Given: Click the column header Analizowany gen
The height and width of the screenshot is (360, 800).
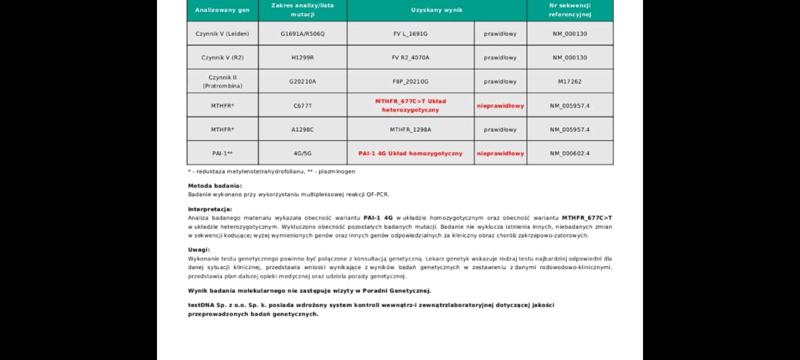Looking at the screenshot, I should pos(222,10).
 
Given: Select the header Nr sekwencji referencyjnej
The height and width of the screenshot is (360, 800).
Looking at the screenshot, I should pos(570,10).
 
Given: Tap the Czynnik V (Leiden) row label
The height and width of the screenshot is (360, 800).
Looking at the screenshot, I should pos(222,34).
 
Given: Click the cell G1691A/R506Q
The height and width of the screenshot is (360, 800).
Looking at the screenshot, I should pos(302,34).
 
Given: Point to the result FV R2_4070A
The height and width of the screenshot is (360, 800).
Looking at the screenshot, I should pos(410,58).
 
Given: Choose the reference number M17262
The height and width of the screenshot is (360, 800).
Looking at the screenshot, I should pos(570,81).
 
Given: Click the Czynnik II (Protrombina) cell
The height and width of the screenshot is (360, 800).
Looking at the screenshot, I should pos(222,81).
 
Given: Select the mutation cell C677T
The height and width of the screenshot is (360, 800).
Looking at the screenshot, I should pos(302,106).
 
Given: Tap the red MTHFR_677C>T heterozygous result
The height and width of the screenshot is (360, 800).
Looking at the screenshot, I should pos(410,105).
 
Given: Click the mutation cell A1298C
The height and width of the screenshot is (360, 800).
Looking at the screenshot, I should pos(302,129).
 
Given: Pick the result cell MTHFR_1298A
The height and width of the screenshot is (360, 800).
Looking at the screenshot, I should pos(410,129).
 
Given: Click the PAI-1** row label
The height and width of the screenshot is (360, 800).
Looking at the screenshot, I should pos(222,153).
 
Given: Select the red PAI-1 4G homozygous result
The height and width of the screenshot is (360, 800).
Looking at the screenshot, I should pos(410,153).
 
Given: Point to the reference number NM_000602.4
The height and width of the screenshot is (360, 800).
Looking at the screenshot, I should pos(570,153).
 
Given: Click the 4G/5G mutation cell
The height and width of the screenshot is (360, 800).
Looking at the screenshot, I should pos(302,153).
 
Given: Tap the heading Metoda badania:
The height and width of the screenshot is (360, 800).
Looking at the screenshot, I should pos(215,186).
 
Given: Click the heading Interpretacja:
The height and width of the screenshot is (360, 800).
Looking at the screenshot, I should pos(210,209).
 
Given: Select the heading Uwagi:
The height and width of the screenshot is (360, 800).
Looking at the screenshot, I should pos(199,250).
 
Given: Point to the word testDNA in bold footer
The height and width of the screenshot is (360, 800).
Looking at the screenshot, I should pos(201,305).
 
